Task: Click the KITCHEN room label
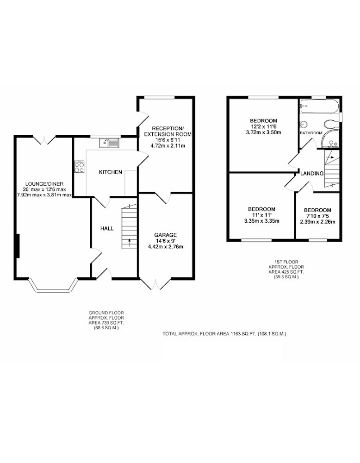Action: [x=111, y=172]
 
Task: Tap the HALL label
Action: [x=107, y=229]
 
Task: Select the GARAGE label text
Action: [x=166, y=235]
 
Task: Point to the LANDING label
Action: [x=312, y=174]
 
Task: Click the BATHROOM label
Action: [x=311, y=133]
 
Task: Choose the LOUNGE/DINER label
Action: [x=44, y=184]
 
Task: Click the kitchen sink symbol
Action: [x=109, y=143]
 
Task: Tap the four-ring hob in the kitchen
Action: [x=79, y=167]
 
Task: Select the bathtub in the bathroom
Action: [x=319, y=106]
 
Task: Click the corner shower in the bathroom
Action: [x=330, y=139]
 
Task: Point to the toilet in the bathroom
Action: [x=330, y=123]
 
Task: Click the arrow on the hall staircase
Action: [x=129, y=243]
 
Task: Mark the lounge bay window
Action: [x=53, y=286]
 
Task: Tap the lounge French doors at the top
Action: [x=44, y=140]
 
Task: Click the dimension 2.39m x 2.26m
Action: [x=317, y=222]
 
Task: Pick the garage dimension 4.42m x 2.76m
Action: [x=166, y=247]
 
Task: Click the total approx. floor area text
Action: [x=224, y=334]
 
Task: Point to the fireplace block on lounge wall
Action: [x=18, y=246]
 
